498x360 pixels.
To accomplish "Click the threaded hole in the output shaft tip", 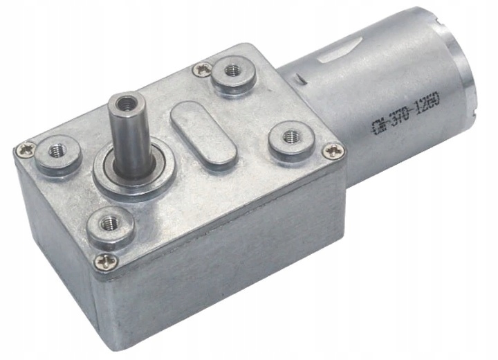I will click(125, 105).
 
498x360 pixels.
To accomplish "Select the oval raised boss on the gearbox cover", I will click(203, 132).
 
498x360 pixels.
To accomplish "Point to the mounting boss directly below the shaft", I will click(110, 226).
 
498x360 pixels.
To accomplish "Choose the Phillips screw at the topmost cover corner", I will click(203, 68).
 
